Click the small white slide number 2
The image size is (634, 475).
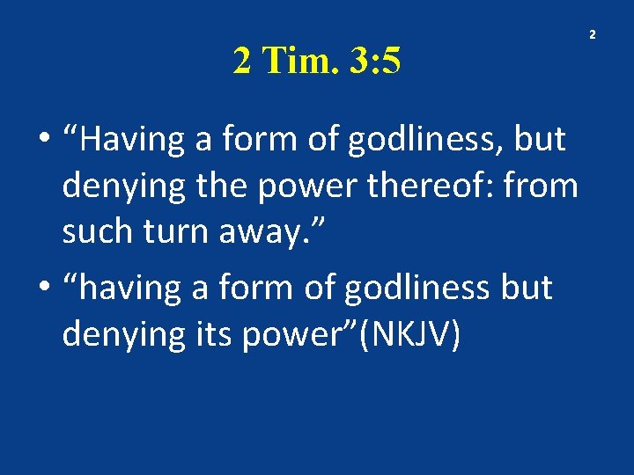pyautogui.click(x=592, y=34)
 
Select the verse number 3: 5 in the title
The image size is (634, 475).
pyautogui.click(x=375, y=61)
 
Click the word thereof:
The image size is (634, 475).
pyautogui.click(x=431, y=186)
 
